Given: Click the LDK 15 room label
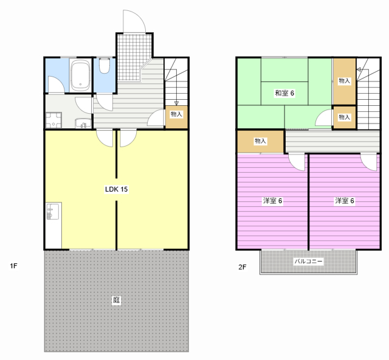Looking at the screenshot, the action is click(116, 190).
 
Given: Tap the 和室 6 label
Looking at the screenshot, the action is click(284, 93).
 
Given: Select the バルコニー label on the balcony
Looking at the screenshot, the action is click(308, 261).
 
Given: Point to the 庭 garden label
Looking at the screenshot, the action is click(116, 300).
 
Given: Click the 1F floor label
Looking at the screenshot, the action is click(13, 266).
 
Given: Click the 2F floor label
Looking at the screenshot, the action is click(243, 267).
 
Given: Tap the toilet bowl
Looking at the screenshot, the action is click(105, 66).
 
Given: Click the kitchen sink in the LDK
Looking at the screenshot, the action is click(53, 211).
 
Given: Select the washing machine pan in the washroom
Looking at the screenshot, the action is click(53, 120).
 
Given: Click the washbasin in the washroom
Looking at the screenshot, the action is click(83, 123).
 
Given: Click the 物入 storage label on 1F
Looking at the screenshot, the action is click(176, 114).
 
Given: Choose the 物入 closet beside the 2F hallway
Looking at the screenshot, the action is click(261, 141).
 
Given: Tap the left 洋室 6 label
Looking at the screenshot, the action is click(272, 201).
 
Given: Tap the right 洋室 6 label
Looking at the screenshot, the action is click(345, 201).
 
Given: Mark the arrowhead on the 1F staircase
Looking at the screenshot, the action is click(176, 103).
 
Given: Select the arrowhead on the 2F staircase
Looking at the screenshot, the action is click(359, 69).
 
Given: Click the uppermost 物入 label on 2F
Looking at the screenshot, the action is click(345, 81).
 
